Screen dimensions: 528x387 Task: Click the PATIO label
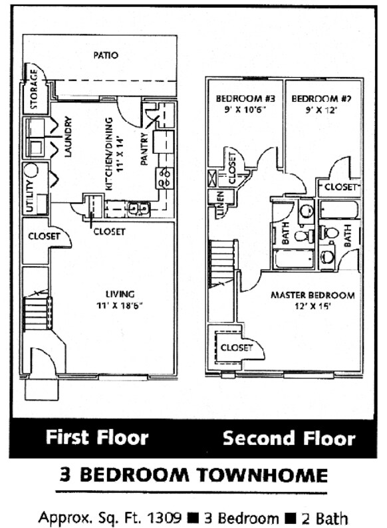click(x=106, y=55)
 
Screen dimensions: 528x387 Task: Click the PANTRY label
click(x=144, y=152)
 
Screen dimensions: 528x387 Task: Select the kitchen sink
click(x=138, y=209)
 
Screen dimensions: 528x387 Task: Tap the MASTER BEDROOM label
click(x=313, y=295)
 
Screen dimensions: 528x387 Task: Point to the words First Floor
click(x=97, y=438)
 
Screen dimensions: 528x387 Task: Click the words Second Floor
click(x=289, y=438)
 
